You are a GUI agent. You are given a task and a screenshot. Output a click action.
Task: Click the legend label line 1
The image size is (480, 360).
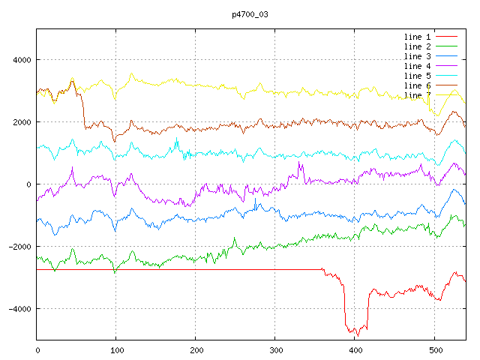click(x=417, y=37)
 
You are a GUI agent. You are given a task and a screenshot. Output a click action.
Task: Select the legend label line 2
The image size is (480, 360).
click(x=417, y=46)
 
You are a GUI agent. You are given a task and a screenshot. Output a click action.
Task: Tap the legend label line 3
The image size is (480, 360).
click(x=417, y=56)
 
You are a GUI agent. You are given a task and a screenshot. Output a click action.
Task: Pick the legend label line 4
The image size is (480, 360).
click(x=417, y=66)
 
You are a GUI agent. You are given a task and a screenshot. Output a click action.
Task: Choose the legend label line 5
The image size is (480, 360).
click(x=417, y=76)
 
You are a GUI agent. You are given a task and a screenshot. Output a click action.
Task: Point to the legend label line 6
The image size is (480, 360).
click(x=417, y=85)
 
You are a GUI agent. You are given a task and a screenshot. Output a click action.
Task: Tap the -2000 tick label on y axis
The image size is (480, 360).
click(x=17, y=247)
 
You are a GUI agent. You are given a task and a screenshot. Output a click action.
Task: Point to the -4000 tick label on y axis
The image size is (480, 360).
click(x=17, y=309)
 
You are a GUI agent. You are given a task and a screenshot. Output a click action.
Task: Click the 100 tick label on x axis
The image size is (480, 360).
click(x=116, y=349)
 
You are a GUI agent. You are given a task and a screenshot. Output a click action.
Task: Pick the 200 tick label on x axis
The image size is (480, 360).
click(x=196, y=349)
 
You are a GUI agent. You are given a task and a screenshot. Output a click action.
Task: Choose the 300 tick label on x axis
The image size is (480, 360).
click(x=275, y=349)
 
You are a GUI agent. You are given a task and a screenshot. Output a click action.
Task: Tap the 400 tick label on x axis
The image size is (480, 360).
click(x=355, y=349)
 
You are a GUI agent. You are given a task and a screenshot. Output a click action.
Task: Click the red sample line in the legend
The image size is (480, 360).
click(x=446, y=37)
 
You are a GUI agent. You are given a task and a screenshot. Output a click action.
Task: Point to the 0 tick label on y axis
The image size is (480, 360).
click(x=28, y=184)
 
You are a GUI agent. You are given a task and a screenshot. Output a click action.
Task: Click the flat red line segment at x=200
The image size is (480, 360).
click(x=196, y=269)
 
